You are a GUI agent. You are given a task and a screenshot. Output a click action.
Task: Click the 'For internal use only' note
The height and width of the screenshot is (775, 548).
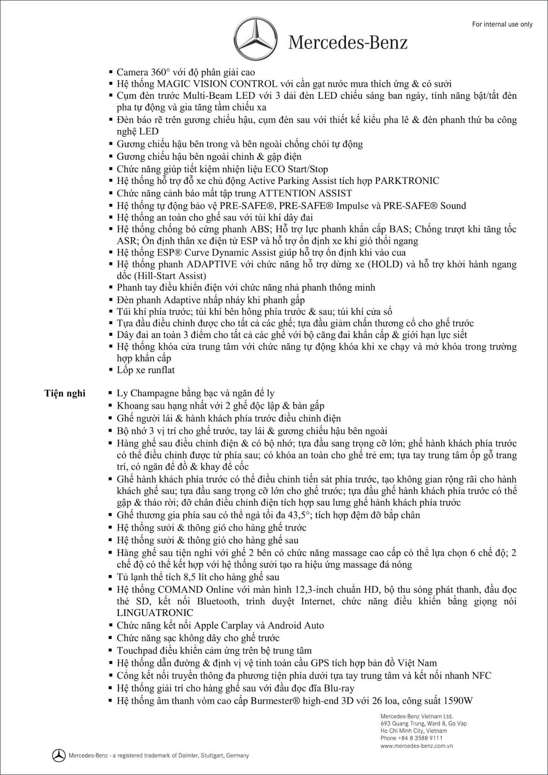(x=502, y=24)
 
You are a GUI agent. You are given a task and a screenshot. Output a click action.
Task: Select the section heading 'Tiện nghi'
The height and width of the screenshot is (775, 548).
(x=65, y=394)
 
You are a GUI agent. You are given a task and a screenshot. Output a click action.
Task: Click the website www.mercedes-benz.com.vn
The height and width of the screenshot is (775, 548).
(x=416, y=746)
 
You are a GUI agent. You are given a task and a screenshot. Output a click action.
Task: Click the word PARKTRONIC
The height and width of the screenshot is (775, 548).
(x=407, y=181)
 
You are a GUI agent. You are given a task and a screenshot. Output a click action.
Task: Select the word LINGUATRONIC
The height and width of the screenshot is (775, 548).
(x=155, y=613)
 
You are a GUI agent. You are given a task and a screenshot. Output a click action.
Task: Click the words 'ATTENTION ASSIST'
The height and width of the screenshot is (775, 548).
(x=305, y=193)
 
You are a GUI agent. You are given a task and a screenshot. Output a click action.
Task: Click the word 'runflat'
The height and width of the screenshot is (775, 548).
(x=161, y=370)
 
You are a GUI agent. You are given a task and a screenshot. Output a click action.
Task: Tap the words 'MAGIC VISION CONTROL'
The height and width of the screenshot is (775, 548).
(x=217, y=84)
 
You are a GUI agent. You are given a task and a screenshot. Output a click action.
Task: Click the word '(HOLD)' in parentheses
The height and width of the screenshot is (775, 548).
(x=385, y=264)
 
